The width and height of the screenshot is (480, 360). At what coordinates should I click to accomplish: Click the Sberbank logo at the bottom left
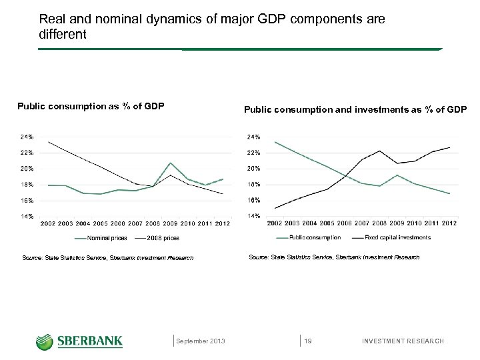(x=79, y=341)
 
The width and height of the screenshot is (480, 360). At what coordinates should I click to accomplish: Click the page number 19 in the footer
(x=308, y=341)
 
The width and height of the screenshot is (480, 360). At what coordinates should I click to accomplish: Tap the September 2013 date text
(x=201, y=341)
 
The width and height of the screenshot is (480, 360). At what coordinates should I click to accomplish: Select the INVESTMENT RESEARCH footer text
(x=402, y=341)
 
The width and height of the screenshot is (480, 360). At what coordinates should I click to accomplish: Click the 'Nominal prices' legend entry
(x=107, y=237)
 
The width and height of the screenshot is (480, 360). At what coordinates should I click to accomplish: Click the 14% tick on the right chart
(x=254, y=216)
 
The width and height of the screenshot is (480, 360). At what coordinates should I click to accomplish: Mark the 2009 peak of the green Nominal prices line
(x=171, y=163)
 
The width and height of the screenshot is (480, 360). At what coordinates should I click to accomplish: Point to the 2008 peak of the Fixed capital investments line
(x=379, y=151)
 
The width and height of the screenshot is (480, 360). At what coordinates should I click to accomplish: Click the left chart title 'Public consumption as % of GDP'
(x=91, y=106)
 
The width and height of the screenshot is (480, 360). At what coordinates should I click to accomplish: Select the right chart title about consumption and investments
(x=355, y=109)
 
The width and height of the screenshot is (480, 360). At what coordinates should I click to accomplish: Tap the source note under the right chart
(x=334, y=257)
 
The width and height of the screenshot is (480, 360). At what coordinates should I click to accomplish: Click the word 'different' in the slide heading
(x=63, y=34)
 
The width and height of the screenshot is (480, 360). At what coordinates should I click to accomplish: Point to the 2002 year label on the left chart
(x=48, y=223)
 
